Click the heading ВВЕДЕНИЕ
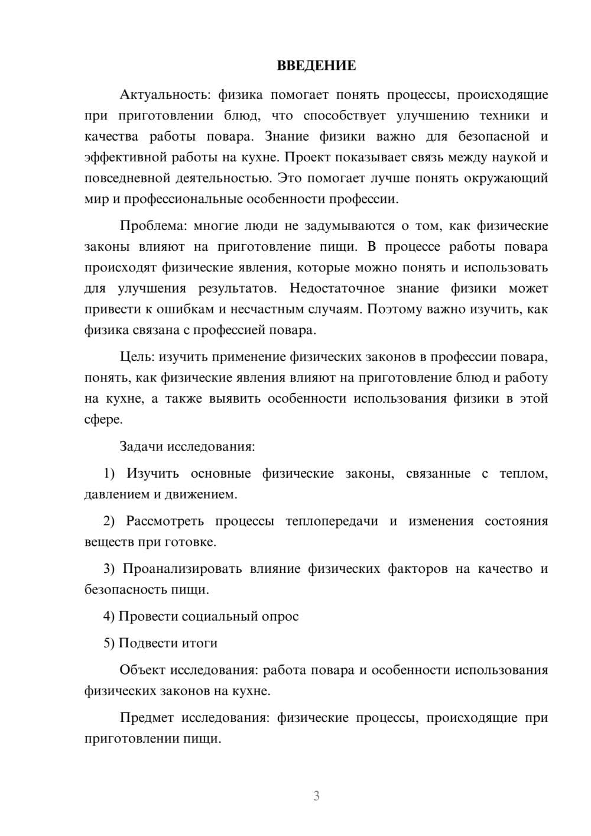click(316, 65)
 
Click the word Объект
click(142, 670)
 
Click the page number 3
click(316, 796)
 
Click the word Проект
click(308, 157)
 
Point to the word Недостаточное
click(337, 289)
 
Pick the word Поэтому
click(393, 309)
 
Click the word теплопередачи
click(332, 521)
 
